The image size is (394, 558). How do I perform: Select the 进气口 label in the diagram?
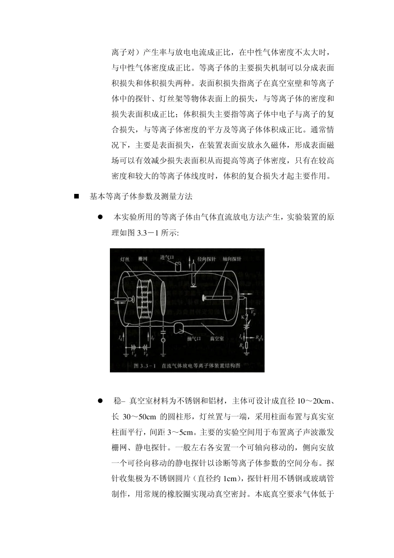click(167, 257)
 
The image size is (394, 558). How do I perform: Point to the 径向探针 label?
click(207, 258)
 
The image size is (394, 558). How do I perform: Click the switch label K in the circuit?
click(243, 317)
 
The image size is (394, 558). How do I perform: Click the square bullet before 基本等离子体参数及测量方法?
click(76, 196)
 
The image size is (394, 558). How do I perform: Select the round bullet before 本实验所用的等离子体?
click(100, 217)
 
